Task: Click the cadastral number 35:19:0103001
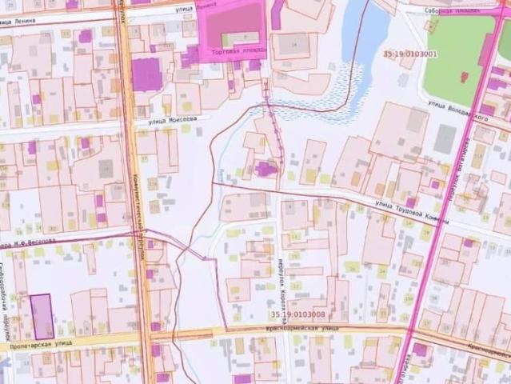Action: pyautogui.click(x=410, y=54)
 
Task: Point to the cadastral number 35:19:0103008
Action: pyautogui.click(x=297, y=314)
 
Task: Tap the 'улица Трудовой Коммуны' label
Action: pyautogui.click(x=412, y=212)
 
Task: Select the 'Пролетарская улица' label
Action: pyautogui.click(x=36, y=346)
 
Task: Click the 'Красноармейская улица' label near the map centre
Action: pyautogui.click(x=303, y=329)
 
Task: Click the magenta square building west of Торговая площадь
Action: pyautogui.click(x=146, y=75)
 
